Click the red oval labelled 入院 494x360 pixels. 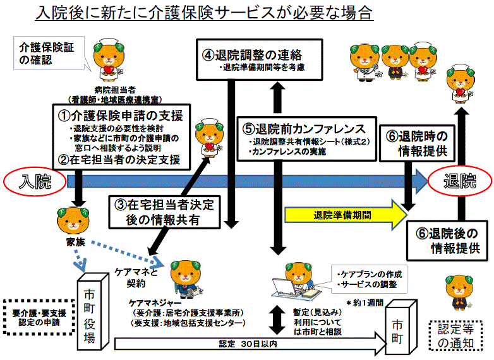point(35,181)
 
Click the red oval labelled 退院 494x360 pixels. point(459,181)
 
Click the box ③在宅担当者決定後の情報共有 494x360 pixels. point(166,212)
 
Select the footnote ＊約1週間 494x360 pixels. point(364,303)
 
